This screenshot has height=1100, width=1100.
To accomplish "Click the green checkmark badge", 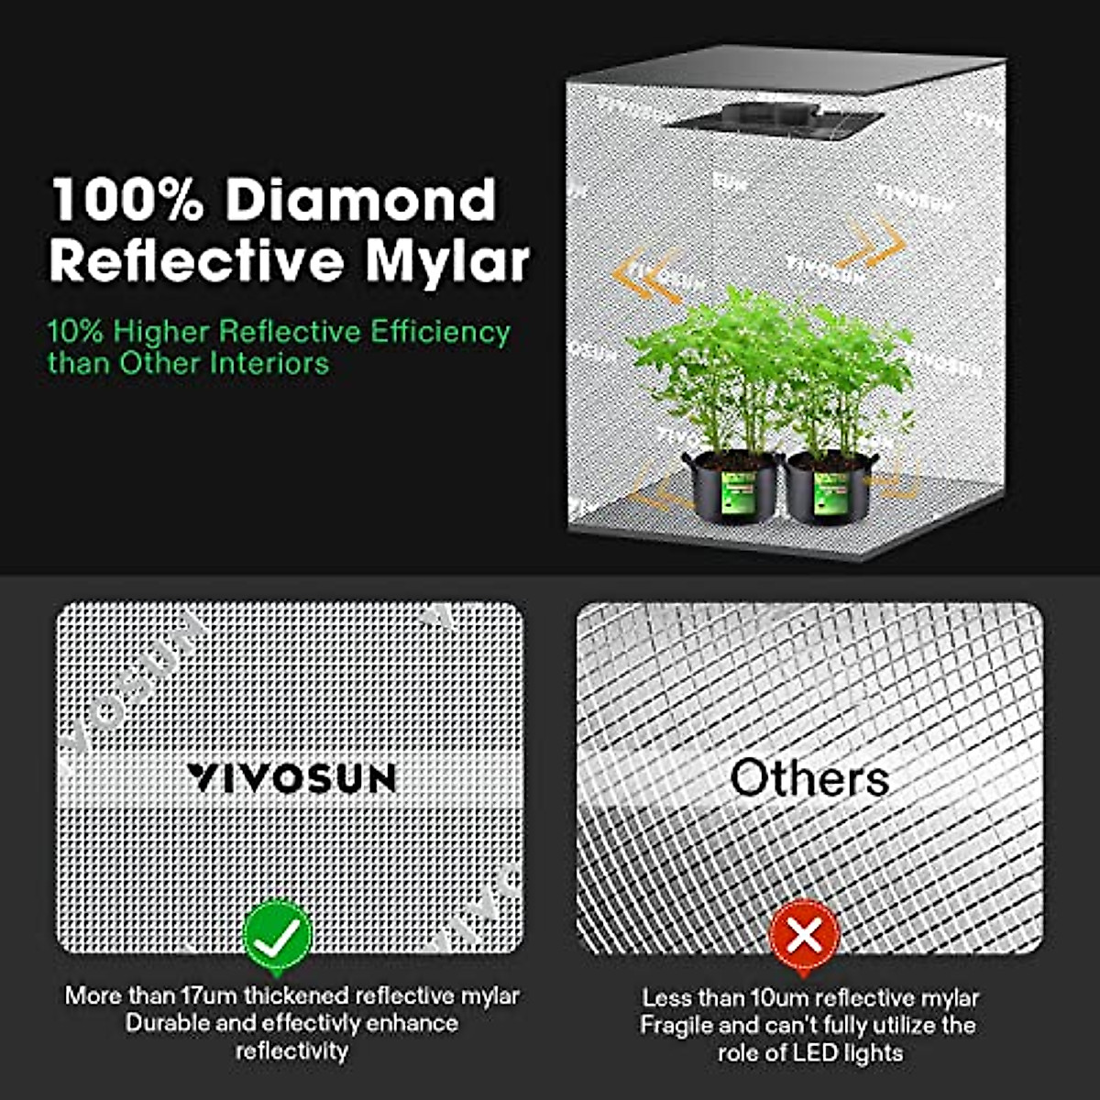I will pyautogui.click(x=278, y=936).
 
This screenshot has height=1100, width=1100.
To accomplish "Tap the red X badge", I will pyautogui.click(x=805, y=936).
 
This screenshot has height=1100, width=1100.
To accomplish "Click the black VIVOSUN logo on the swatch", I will pyautogui.click(x=291, y=777).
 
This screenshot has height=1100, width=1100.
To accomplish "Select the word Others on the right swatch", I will pyautogui.click(x=809, y=777).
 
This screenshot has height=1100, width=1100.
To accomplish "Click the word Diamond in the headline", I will pyautogui.click(x=360, y=200).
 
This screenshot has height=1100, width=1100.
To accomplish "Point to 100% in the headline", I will pyautogui.click(x=126, y=200).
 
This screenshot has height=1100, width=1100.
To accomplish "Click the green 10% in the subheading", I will pyautogui.click(x=75, y=331).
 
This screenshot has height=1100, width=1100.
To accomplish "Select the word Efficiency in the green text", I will pyautogui.click(x=440, y=333).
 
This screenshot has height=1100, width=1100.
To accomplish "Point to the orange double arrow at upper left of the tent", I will pyautogui.click(x=646, y=276).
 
